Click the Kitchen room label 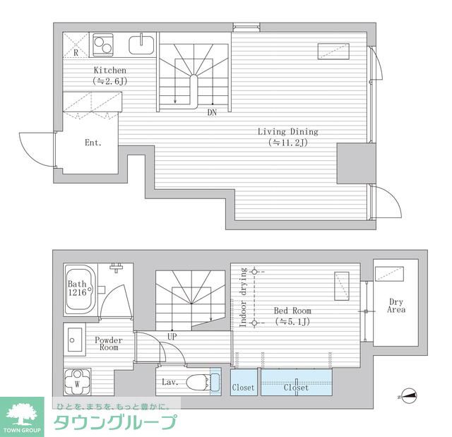click(x=109, y=71)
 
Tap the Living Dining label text click(x=287, y=132)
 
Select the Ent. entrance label click(x=93, y=143)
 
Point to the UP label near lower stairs click(x=172, y=337)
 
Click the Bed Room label click(x=293, y=311)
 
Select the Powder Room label click(x=109, y=344)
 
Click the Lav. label click(x=169, y=382)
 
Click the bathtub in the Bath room click(x=79, y=290)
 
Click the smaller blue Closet click(x=243, y=388)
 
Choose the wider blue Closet click(x=296, y=388)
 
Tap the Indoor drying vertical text click(x=242, y=297)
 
